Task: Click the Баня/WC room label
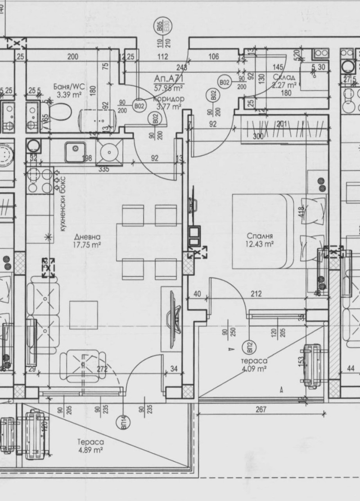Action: tap(68, 90)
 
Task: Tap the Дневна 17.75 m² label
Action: tap(87, 241)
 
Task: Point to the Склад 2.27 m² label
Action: tap(284, 81)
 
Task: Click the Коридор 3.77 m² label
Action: tap(168, 103)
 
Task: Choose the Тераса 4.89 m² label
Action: tap(91, 446)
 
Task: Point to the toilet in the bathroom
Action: tap(61, 111)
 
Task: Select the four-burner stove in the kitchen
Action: tap(40, 181)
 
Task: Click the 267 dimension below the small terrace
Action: tap(261, 409)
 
